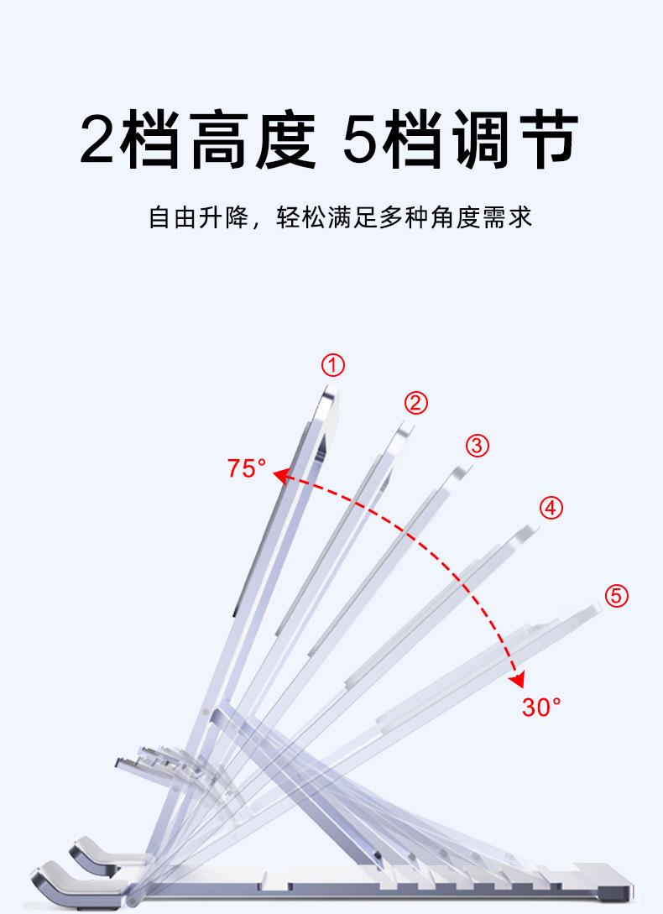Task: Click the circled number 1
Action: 333,365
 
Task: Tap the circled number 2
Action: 415,403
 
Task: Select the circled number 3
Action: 477,445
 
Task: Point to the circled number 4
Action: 551,508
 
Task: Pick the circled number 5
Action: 616,596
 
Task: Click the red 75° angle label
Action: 246,468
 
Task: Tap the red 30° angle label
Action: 541,707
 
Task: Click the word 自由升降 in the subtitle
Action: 199,218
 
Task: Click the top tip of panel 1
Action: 326,388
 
